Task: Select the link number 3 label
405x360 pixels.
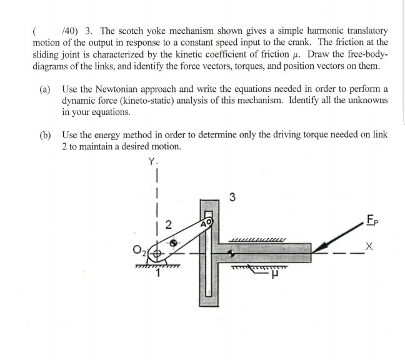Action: pos(232,199)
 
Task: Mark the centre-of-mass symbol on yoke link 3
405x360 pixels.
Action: pos(232,254)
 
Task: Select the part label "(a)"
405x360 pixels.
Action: pos(45,89)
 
